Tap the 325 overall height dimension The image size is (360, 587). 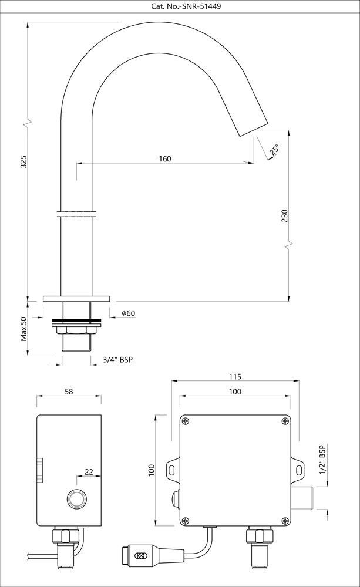pyautogui.click(x=23, y=161)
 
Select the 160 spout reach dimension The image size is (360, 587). pyautogui.click(x=165, y=158)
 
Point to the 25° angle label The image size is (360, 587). pyautogui.click(x=274, y=150)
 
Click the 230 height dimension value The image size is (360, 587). pyautogui.click(x=285, y=216)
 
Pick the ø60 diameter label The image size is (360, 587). pyautogui.click(x=129, y=313)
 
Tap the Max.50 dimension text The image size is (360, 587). pyautogui.click(x=24, y=329)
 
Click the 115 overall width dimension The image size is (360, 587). pyautogui.click(x=235, y=376)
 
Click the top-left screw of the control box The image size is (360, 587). pyautogui.click(x=187, y=421)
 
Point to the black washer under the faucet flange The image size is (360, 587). pyautogui.click(x=76, y=321)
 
